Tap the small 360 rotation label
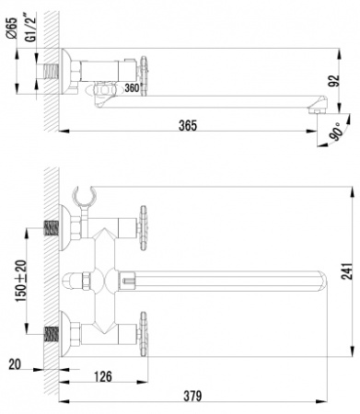(x=132, y=88)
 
